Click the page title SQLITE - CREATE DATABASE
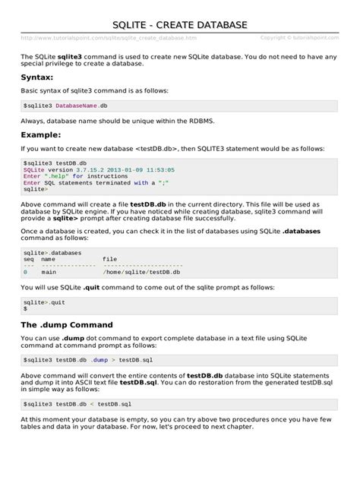180,25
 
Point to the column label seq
28,259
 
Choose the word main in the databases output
49,271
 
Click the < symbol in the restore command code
91,403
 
